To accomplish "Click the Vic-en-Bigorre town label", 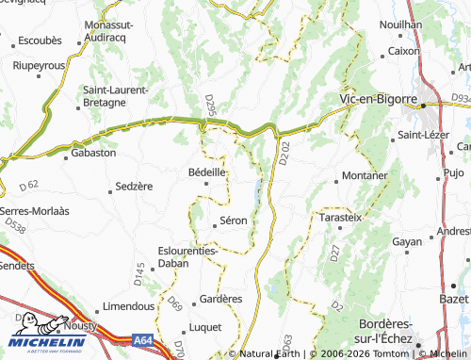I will [x=378, y=98].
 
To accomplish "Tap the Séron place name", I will [x=233, y=221].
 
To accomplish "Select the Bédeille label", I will [x=206, y=172].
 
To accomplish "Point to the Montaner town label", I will [x=365, y=176].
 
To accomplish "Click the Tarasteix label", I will [x=341, y=216].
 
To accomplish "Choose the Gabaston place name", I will [x=93, y=152].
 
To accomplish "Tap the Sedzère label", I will [x=133, y=187].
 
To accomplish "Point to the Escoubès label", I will [x=41, y=41].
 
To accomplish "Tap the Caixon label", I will [x=403, y=51].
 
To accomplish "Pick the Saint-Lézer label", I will [x=423, y=135].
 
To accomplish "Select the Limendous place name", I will [x=128, y=305].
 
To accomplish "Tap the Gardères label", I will [x=221, y=299].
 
